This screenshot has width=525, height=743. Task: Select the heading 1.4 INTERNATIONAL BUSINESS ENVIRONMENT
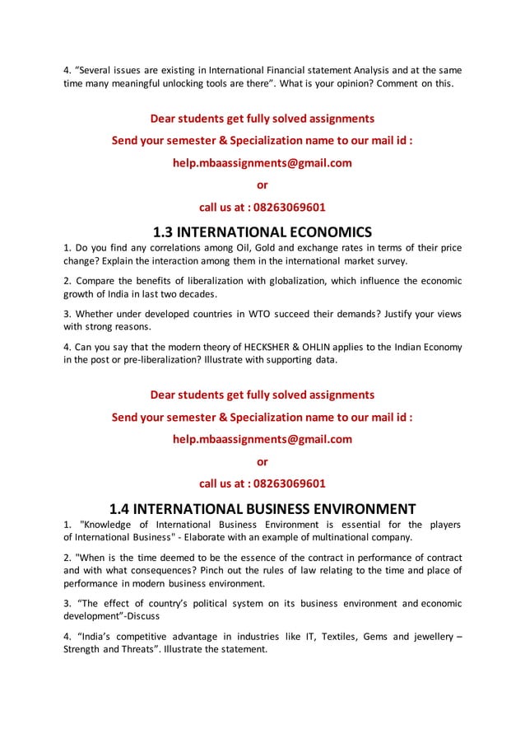coord(262,507)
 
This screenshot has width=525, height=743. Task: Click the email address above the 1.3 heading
coord(262,162)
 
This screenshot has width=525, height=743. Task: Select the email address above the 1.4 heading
coord(262,439)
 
